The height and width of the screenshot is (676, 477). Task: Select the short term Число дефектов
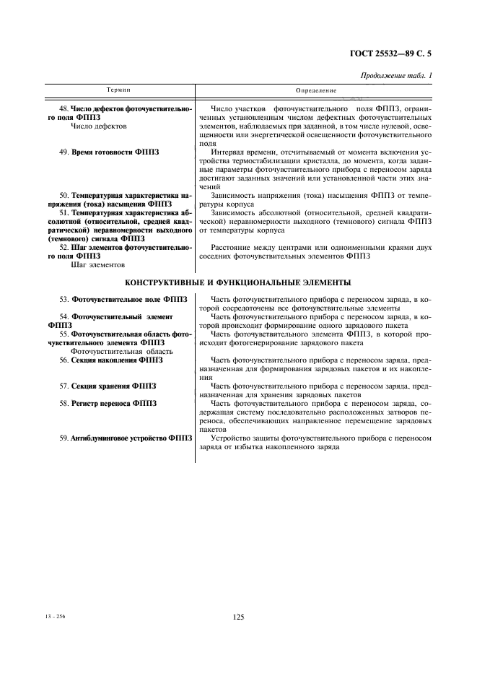click(x=99, y=126)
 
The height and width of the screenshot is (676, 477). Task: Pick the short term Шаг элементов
click(x=97, y=264)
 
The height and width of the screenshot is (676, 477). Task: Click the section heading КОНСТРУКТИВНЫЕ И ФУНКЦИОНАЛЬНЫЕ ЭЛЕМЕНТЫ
click(x=238, y=282)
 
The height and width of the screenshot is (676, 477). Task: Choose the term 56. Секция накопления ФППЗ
click(x=111, y=359)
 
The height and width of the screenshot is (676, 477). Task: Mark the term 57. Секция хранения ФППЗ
click(x=108, y=386)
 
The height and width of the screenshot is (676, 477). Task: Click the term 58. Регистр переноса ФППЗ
click(x=108, y=403)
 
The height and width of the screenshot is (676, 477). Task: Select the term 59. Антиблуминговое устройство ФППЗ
click(x=126, y=438)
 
